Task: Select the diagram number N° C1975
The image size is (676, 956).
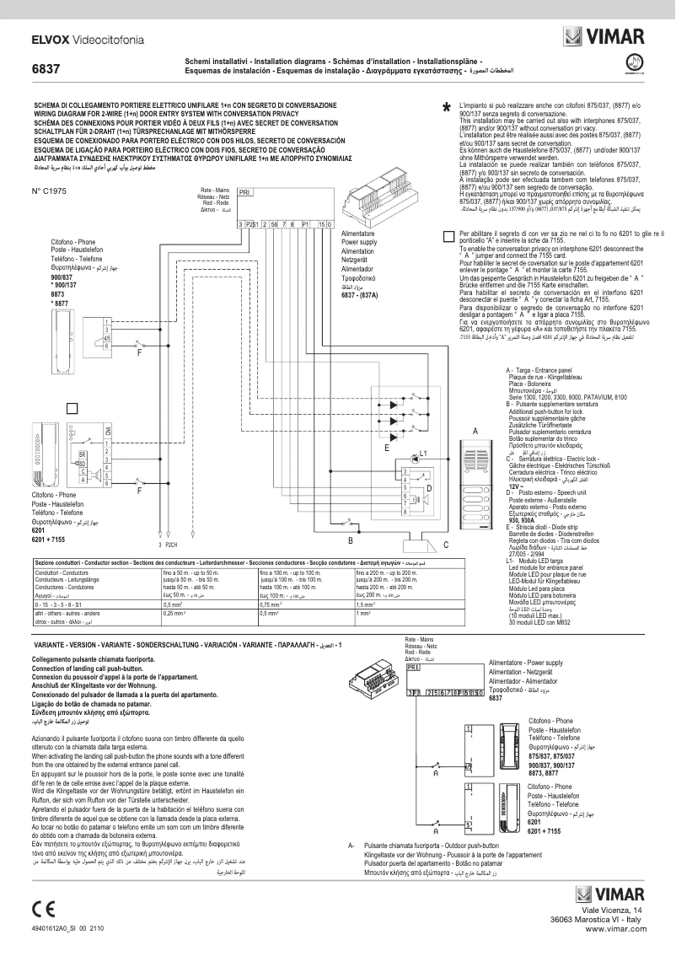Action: point(48,192)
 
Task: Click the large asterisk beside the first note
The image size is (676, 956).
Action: point(446,109)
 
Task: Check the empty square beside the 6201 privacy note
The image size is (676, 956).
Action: point(448,238)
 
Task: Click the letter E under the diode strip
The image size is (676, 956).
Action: point(386,448)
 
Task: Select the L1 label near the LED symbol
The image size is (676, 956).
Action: point(424,454)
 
